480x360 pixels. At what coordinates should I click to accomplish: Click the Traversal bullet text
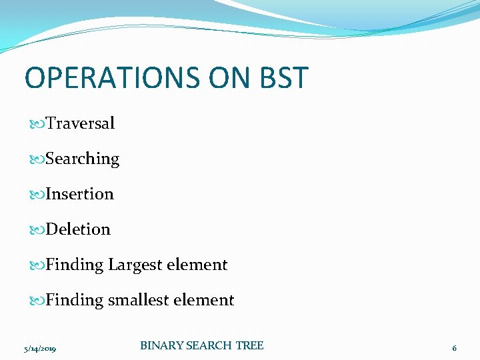(80, 123)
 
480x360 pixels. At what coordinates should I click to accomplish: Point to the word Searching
(83, 159)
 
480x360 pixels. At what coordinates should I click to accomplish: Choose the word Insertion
(79, 194)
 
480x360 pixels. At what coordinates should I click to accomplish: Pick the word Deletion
(78, 229)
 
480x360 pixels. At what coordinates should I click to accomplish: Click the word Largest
(135, 265)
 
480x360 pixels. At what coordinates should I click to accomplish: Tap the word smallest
(139, 300)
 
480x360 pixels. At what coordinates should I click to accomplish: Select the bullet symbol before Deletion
(37, 230)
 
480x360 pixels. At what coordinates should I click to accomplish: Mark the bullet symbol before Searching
(37, 159)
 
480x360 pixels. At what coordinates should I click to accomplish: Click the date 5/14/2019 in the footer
(39, 349)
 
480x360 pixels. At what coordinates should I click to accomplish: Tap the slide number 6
(454, 348)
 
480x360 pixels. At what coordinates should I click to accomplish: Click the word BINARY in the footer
(161, 345)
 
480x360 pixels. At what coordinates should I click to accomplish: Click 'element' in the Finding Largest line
(197, 265)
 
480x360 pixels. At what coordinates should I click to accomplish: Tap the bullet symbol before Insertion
(37, 195)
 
